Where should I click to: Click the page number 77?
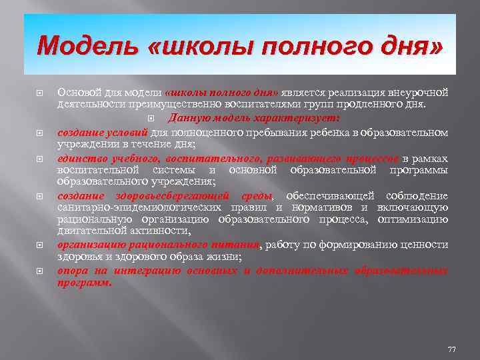tap(451, 349)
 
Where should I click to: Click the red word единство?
tap(80, 158)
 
